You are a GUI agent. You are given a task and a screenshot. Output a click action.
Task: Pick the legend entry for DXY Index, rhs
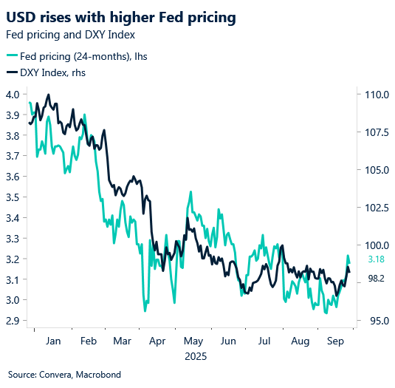click(x=52, y=72)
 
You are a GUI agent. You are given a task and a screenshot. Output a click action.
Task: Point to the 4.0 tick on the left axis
click(x=13, y=95)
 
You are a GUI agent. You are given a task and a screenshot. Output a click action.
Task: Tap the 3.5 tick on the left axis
click(x=13, y=197)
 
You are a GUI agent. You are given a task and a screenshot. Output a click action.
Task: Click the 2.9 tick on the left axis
click(x=13, y=321)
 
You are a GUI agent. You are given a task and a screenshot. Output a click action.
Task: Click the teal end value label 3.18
click(x=374, y=259)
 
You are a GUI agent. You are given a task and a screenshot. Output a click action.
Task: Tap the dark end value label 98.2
click(x=374, y=279)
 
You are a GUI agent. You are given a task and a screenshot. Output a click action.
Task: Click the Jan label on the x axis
click(x=52, y=342)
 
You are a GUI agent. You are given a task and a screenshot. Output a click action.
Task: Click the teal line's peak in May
click(x=191, y=191)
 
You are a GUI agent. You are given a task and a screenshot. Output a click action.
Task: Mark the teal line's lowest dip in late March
click(x=145, y=311)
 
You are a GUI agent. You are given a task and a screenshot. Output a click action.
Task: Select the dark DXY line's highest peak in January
click(x=48, y=95)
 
